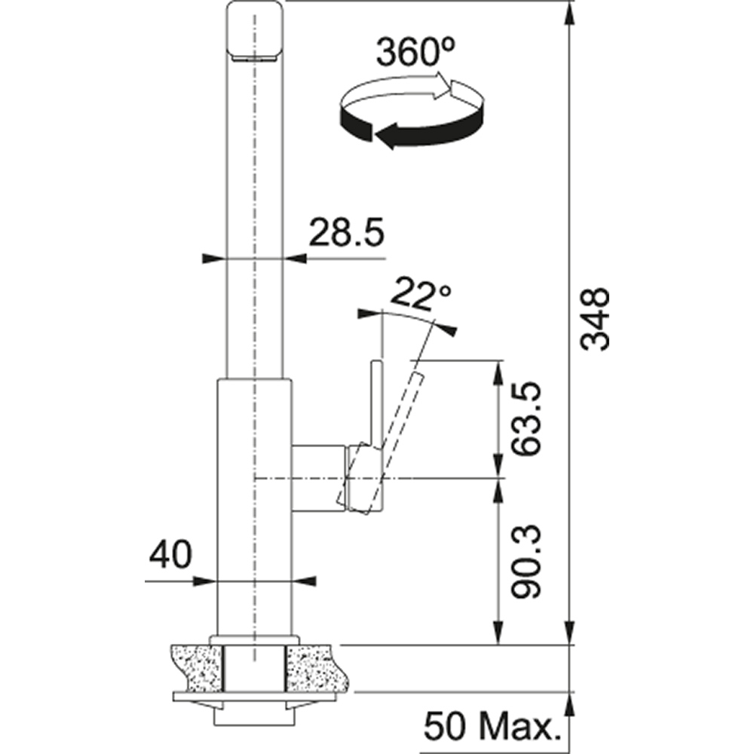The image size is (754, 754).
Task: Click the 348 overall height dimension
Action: click(x=596, y=319)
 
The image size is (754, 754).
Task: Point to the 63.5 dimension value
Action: click(x=526, y=418)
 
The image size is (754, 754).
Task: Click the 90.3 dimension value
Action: click(x=526, y=562)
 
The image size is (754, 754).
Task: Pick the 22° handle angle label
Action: click(x=421, y=296)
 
